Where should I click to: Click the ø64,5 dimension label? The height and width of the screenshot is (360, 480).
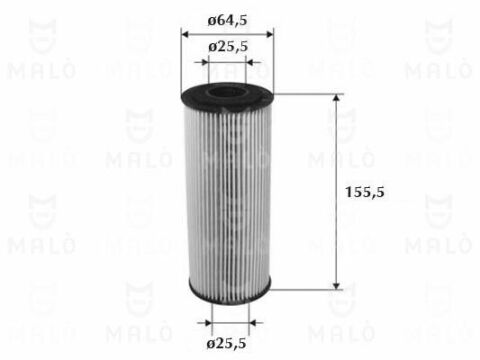[x=227, y=21]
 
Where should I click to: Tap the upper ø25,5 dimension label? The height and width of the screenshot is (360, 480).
[x=228, y=47]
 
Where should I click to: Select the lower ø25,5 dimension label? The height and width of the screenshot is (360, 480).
[x=226, y=343]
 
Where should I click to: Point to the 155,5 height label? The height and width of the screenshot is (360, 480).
[x=365, y=192]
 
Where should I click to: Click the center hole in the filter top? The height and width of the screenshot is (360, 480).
[x=227, y=92]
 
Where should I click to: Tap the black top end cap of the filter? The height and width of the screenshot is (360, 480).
[x=227, y=96]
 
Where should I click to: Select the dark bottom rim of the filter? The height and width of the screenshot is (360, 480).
[x=229, y=292]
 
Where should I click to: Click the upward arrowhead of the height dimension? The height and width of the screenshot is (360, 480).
[x=336, y=98]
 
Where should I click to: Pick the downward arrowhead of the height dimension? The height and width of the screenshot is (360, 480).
[x=336, y=286]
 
